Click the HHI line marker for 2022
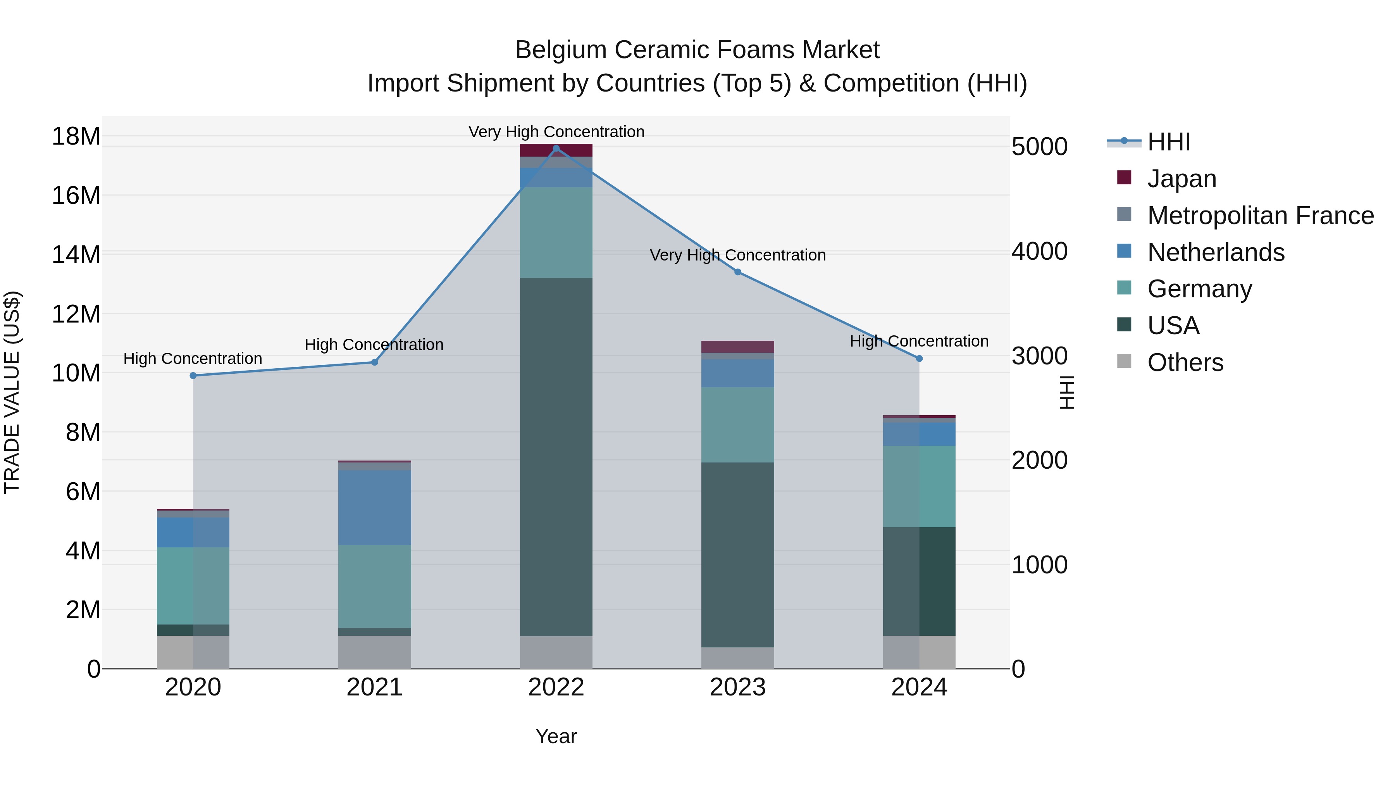(x=556, y=148)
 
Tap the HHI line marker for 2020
(x=193, y=375)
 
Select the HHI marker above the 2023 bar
(x=737, y=272)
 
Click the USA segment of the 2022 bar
(x=556, y=457)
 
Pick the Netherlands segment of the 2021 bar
(x=374, y=507)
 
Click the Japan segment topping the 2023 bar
(x=737, y=347)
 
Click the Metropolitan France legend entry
(x=1260, y=216)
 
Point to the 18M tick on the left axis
(x=76, y=136)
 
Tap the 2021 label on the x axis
(x=374, y=687)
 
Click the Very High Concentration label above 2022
(x=556, y=132)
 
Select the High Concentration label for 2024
(x=919, y=341)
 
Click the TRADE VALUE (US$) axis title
(x=12, y=392)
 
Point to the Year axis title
(x=556, y=736)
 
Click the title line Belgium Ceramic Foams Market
(x=697, y=50)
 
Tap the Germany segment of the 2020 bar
(x=193, y=586)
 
